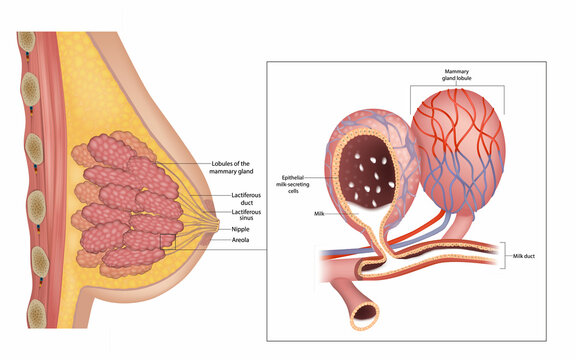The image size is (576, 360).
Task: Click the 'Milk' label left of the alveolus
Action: pos(319,213)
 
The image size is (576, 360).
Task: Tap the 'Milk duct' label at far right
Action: pos(526,257)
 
